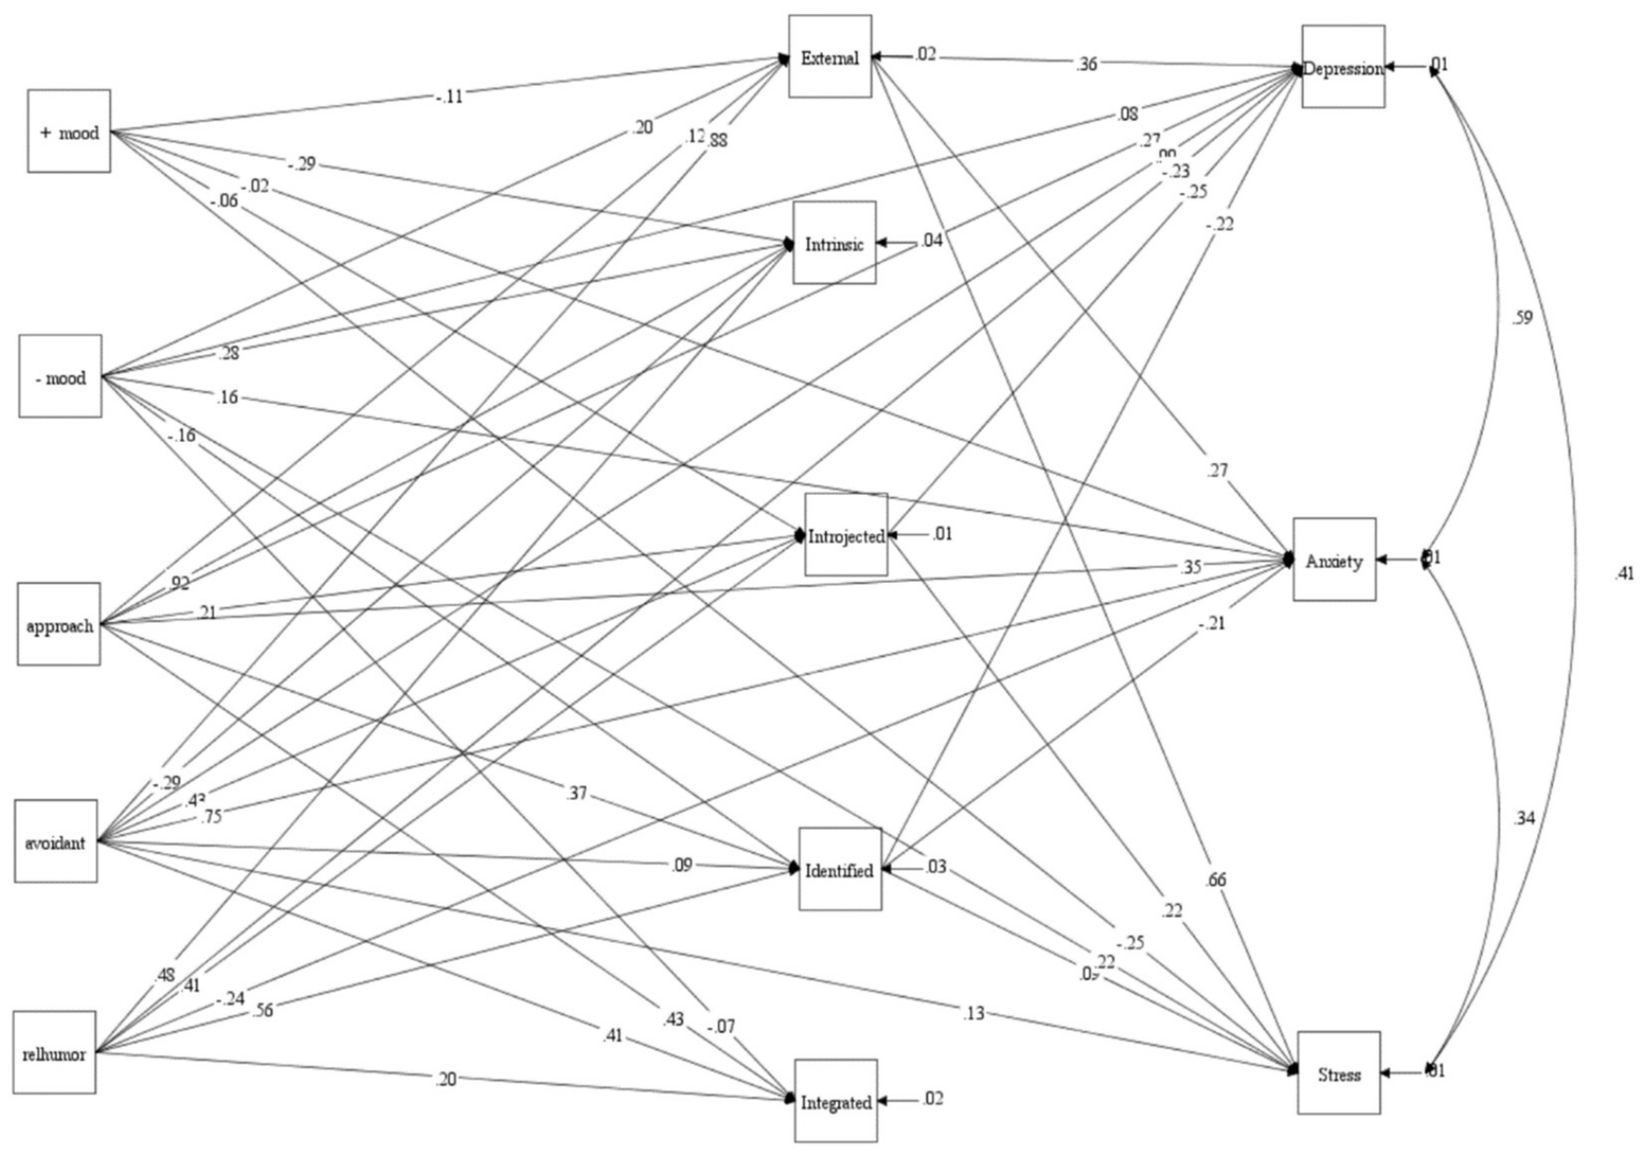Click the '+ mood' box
[x=69, y=131]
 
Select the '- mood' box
[x=60, y=376]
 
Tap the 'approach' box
[x=59, y=624]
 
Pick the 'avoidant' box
[x=56, y=841]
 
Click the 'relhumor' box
[x=54, y=1053]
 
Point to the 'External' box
[x=830, y=57]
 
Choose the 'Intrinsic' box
[x=834, y=243]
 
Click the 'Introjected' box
[x=846, y=535]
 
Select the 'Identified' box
[x=840, y=869]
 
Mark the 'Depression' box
[x=1343, y=67]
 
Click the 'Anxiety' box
[x=1335, y=559]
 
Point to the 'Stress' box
[x=1339, y=1073]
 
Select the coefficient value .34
[x=1523, y=818]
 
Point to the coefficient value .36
[x=1086, y=64]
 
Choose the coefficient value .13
[x=973, y=1014]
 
